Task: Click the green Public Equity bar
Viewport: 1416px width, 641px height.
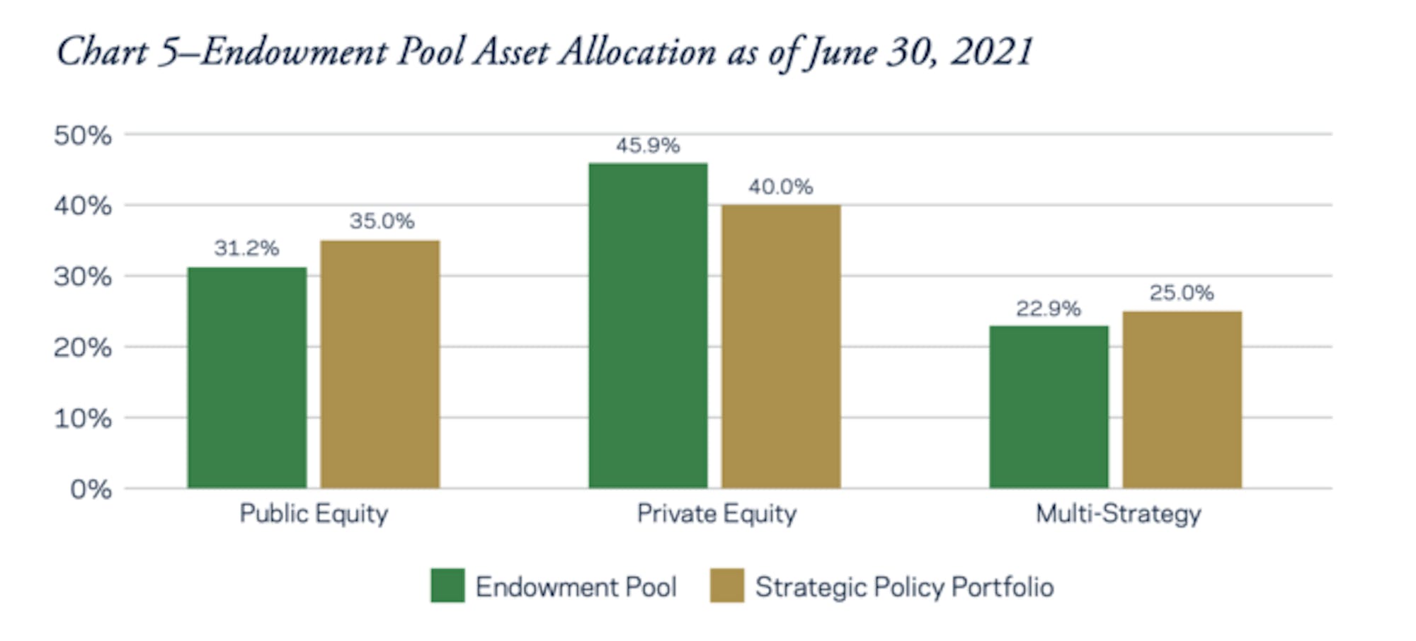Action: (x=247, y=378)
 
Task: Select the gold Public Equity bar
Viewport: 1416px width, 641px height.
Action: (x=380, y=364)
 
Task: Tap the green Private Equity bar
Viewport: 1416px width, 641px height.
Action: (x=648, y=325)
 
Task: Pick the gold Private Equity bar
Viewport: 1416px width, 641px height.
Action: (x=781, y=347)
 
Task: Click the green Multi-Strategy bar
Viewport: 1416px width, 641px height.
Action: (x=1049, y=407)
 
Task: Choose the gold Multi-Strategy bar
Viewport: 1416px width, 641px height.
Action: (x=1182, y=400)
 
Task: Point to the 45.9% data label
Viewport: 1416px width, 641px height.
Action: (x=648, y=146)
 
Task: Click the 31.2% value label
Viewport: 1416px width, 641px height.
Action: (x=247, y=248)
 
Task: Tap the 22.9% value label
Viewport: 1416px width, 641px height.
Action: (x=1049, y=309)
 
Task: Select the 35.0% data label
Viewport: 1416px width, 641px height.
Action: (x=382, y=221)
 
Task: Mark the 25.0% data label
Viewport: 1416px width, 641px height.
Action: (x=1182, y=293)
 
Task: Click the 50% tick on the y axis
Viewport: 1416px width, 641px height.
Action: (x=83, y=135)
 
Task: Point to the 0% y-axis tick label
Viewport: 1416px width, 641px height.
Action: (x=91, y=489)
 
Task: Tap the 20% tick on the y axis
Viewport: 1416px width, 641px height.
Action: (x=83, y=347)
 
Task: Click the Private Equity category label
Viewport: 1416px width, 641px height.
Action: (x=716, y=514)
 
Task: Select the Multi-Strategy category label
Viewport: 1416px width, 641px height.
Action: (x=1119, y=514)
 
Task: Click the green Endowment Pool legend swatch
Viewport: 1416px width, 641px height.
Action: (x=447, y=586)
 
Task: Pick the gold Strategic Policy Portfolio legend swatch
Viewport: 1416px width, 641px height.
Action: (x=727, y=586)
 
